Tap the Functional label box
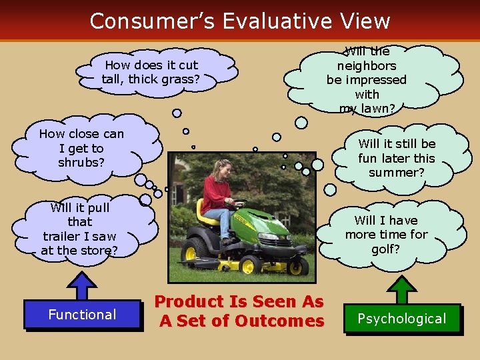pyautogui.click(x=82, y=315)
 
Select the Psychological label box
pyautogui.click(x=401, y=319)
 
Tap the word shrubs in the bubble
pyautogui.click(x=81, y=163)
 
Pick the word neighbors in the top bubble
pyautogui.click(x=367, y=65)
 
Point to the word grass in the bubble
pyautogui.click(x=182, y=79)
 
